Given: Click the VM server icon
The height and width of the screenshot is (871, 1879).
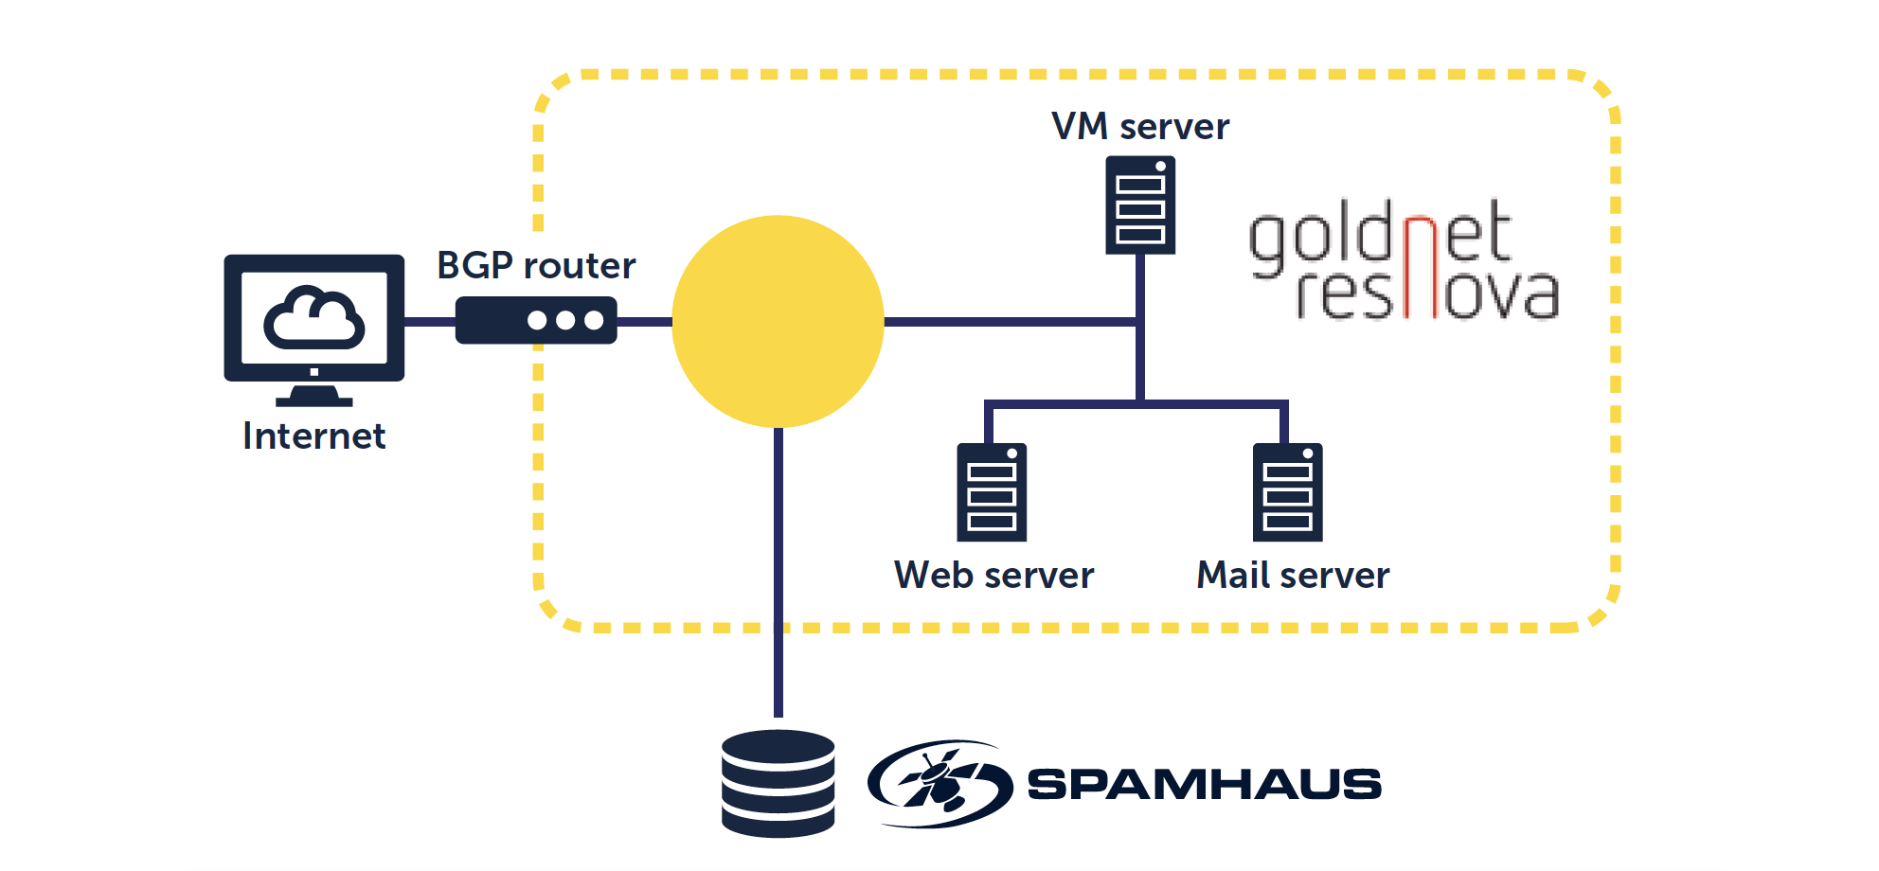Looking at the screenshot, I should point(1140,205).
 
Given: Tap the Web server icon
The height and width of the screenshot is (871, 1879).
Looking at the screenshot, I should point(992,492).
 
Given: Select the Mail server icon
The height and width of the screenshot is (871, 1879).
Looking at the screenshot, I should point(1287,492).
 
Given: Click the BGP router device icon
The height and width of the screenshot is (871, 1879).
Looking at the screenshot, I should point(536,320).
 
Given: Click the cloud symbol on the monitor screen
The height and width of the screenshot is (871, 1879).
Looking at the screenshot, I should point(314,318).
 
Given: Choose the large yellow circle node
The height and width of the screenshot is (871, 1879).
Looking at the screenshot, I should point(778,322).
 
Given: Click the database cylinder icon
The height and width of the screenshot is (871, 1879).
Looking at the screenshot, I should point(778,783).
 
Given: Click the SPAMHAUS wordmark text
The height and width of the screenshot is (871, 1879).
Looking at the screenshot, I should point(1204,784).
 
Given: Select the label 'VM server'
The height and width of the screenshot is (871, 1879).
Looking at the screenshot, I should point(1140,127).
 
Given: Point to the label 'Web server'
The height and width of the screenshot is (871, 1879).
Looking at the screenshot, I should point(993,576).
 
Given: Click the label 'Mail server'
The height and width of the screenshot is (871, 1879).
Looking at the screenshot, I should point(1293,576).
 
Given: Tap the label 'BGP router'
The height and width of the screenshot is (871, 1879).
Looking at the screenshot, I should point(536,266).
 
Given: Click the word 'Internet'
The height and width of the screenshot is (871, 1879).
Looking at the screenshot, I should point(314,436).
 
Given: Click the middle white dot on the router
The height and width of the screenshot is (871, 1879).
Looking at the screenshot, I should point(565,320).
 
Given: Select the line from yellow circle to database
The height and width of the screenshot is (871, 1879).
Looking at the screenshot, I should point(778,568).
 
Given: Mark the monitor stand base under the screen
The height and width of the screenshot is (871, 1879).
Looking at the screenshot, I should point(314,400).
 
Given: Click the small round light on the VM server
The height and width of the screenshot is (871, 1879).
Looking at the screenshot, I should point(1160,167).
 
